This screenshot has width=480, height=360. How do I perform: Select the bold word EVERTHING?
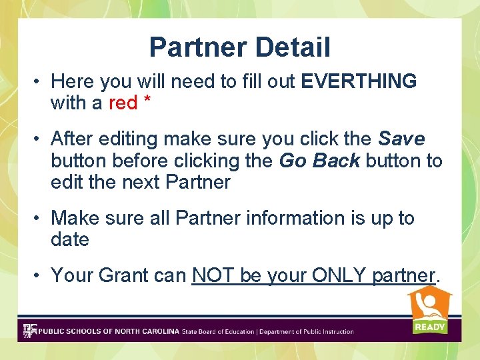click(x=359, y=81)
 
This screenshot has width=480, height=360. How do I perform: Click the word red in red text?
click(x=123, y=103)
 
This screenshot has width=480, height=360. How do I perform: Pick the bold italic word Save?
click(x=401, y=139)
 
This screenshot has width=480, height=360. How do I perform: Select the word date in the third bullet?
click(x=69, y=240)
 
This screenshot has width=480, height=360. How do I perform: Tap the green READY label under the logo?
click(x=429, y=327)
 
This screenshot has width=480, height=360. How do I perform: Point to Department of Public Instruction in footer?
click(x=307, y=331)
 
